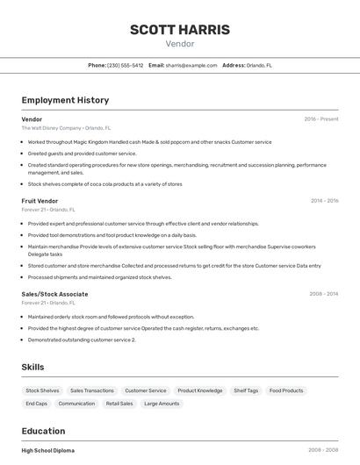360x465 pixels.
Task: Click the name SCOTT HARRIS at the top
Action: (180, 30)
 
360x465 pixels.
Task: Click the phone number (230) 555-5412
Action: (126, 65)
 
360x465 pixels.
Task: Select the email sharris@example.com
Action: (191, 65)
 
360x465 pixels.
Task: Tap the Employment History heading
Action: (65, 100)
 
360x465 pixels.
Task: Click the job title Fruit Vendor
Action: (40, 201)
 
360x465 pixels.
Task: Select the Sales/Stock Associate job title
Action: (54, 294)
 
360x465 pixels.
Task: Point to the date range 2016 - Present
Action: (321, 119)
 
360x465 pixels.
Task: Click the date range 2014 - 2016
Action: (324, 201)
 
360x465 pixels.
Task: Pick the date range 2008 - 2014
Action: (324, 294)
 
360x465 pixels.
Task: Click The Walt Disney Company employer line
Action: (66, 128)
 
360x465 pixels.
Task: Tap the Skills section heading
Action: (32, 367)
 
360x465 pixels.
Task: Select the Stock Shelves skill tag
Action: (42, 390)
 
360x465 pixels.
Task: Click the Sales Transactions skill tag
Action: (92, 390)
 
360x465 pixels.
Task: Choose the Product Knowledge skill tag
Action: (200, 390)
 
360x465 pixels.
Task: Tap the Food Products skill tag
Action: (286, 390)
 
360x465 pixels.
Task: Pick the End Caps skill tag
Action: (37, 404)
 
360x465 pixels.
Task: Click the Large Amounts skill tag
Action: (162, 404)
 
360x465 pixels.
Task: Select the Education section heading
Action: (43, 431)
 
